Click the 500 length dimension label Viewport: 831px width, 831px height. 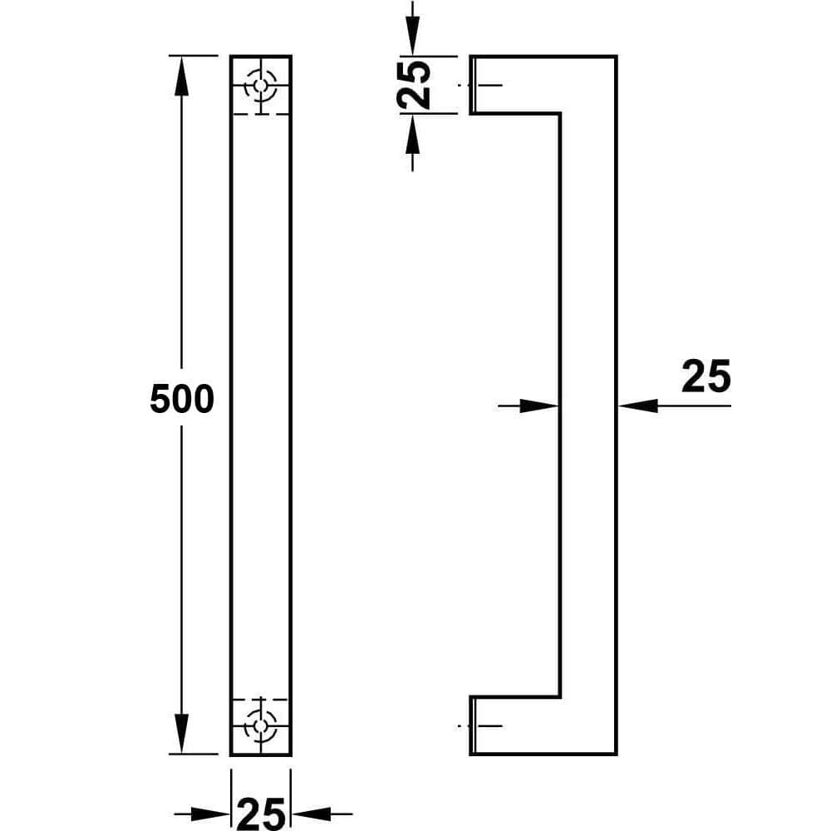click(182, 399)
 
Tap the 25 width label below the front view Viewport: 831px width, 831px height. click(261, 814)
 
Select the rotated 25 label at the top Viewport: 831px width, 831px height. click(413, 85)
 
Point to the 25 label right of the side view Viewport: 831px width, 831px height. click(706, 376)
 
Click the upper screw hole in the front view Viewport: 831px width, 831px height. click(261, 86)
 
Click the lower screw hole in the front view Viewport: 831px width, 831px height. click(261, 725)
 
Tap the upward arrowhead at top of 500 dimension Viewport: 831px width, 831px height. click(181, 76)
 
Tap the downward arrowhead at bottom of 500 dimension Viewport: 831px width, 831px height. click(181, 734)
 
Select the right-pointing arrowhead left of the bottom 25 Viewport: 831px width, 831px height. click(210, 814)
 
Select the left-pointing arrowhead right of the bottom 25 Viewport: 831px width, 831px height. click(312, 814)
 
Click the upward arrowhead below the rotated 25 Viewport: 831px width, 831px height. click(413, 134)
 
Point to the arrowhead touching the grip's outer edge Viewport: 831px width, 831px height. click(638, 406)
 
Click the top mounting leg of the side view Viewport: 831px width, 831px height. click(515, 84)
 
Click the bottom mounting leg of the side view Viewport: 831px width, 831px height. click(515, 725)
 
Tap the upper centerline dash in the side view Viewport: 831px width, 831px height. click(480, 85)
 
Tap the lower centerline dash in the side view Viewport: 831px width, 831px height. click(480, 725)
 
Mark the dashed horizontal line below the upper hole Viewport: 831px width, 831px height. click(261, 114)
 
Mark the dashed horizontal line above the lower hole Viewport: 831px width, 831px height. click(261, 700)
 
